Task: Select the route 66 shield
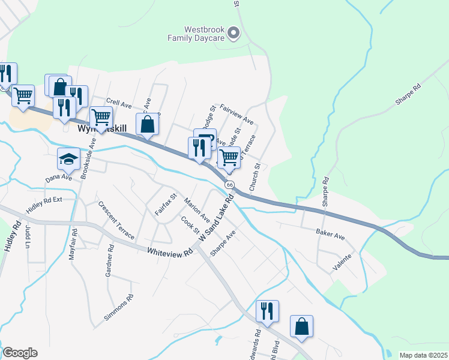tap(230, 184)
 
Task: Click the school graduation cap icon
tap(68, 160)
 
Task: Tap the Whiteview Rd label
tap(169, 251)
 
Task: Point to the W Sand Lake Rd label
tap(215, 219)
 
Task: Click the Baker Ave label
tap(331, 233)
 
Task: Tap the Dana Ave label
tap(59, 178)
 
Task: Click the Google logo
tap(19, 353)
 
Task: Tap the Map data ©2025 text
tap(422, 355)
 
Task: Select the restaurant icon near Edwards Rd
tap(268, 311)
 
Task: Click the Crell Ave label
tap(118, 104)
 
